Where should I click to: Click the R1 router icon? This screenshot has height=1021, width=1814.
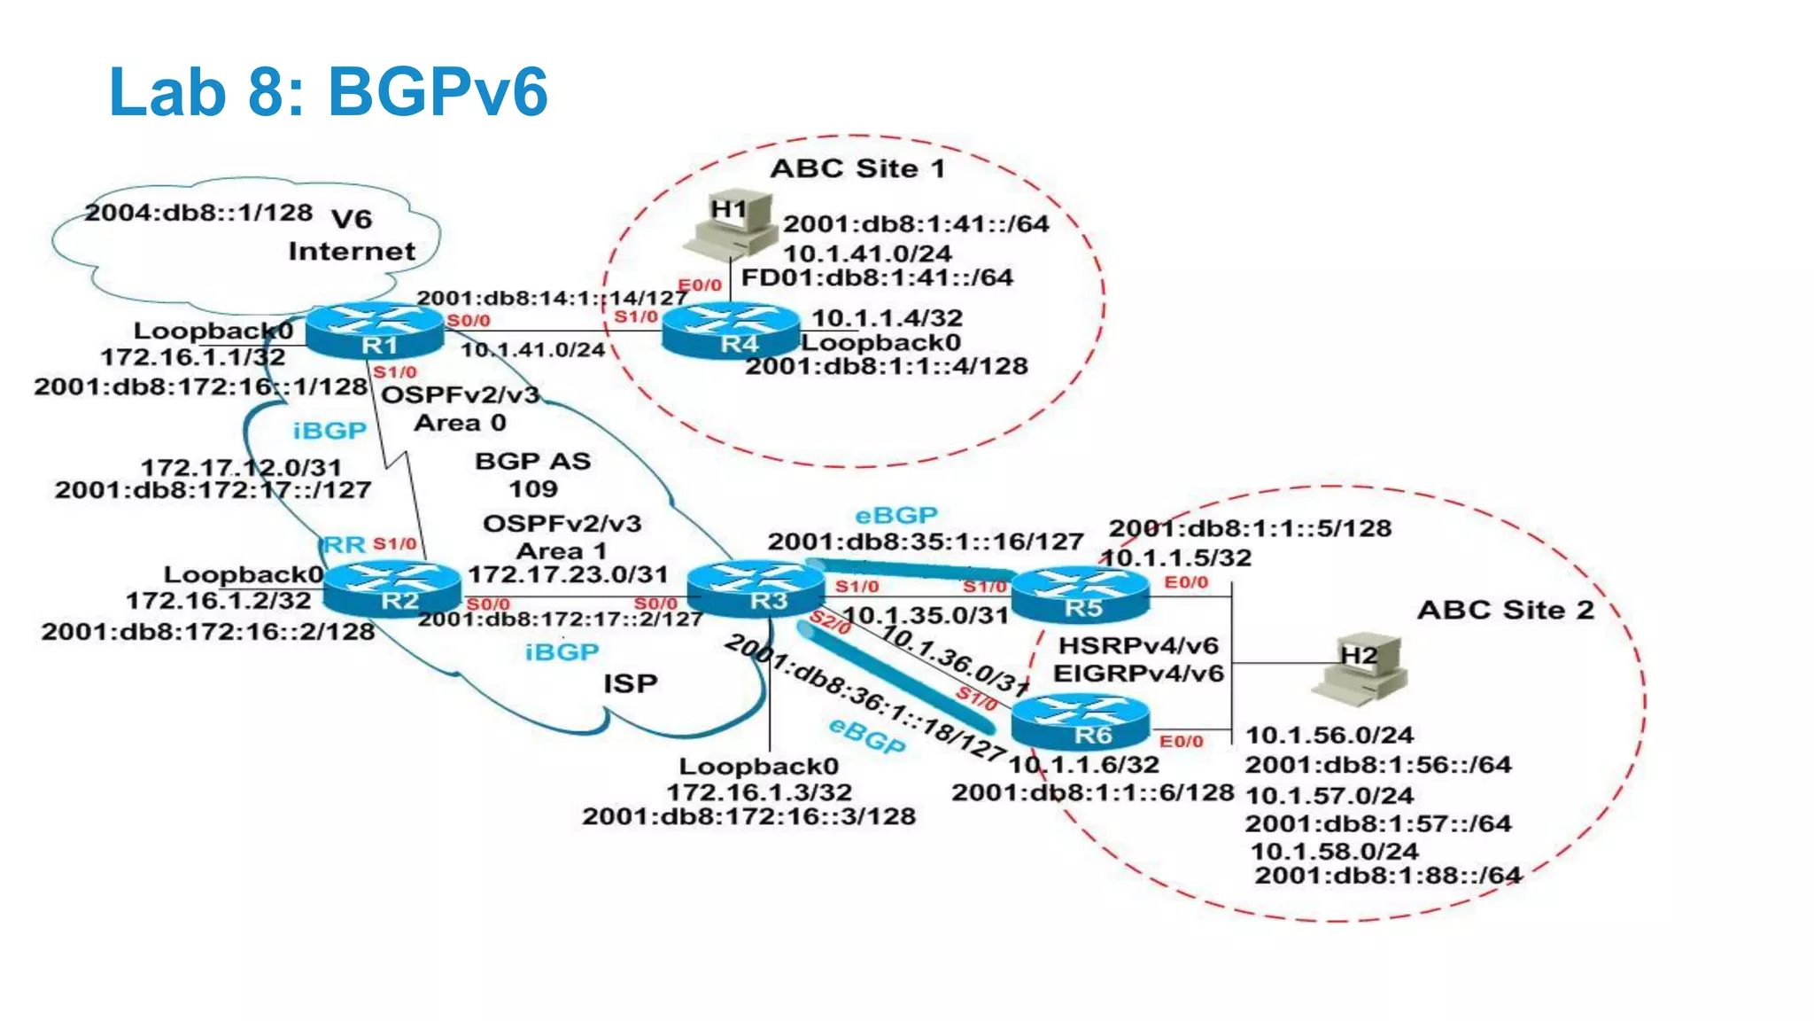376,331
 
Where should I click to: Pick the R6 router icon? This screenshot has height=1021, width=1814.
1081,722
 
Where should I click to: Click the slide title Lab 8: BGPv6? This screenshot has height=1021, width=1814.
328,91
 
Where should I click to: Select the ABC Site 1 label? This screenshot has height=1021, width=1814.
857,168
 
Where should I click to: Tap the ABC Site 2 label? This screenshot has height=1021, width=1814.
1505,610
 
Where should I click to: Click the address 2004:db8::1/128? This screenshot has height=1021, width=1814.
198,213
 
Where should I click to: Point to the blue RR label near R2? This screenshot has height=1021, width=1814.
345,544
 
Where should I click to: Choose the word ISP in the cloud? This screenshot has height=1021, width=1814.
630,683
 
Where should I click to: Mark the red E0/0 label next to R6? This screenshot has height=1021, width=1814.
1182,741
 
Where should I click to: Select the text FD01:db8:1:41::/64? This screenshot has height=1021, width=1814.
877,277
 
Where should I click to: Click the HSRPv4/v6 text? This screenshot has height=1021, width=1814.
1138,645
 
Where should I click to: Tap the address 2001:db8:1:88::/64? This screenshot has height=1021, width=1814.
1387,876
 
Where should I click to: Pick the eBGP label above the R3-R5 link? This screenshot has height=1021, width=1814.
895,515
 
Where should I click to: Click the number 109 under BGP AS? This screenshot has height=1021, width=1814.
532,488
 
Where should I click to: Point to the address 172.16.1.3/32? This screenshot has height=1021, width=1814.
759,791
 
